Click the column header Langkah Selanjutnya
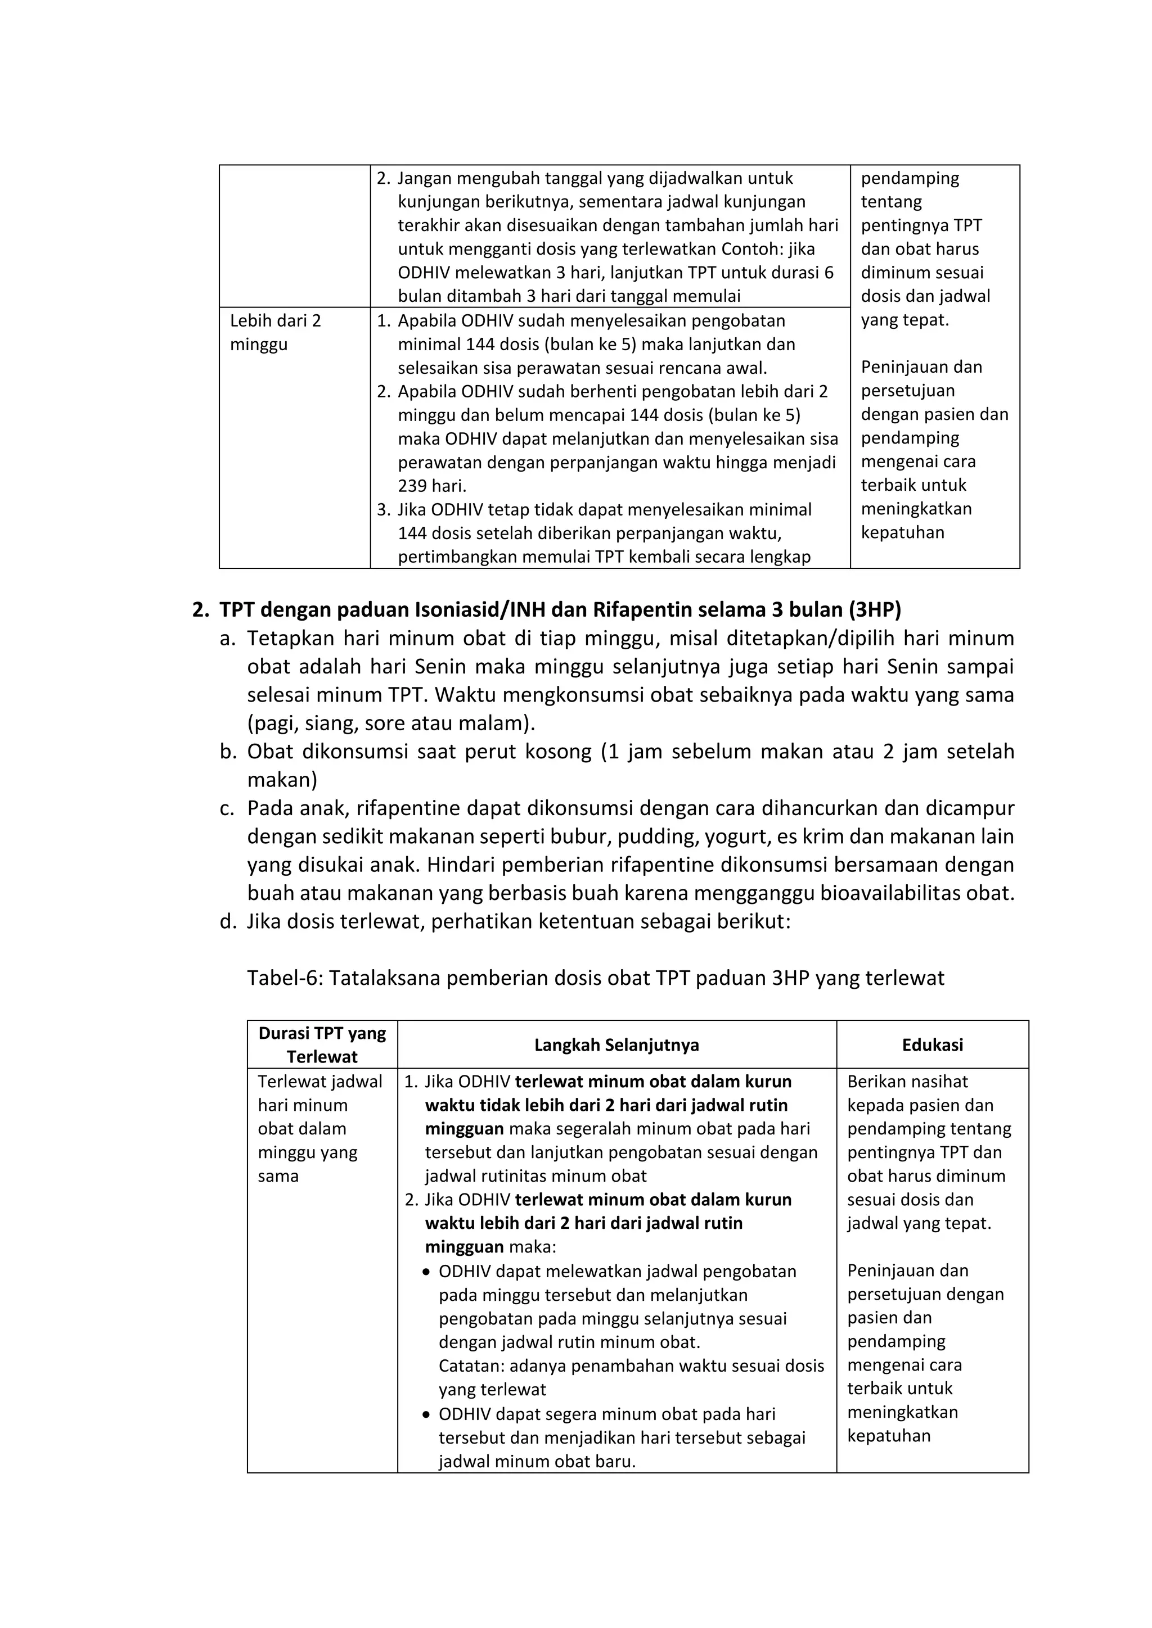616,1044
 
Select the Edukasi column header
932,1044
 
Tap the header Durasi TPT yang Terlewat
322,1044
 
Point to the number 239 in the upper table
413,486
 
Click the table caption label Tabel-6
283,979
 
